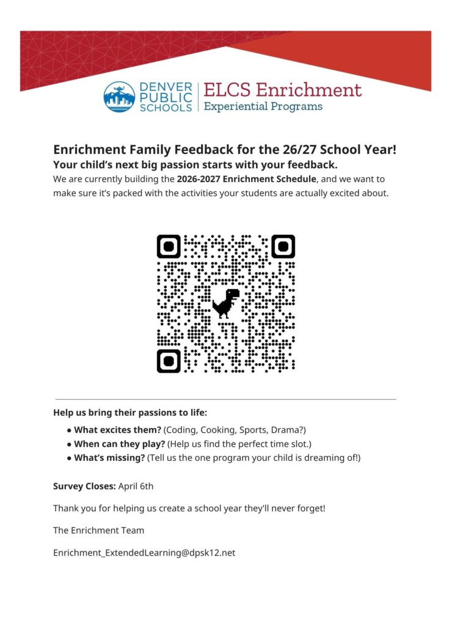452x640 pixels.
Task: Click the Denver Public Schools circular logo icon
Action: (119, 97)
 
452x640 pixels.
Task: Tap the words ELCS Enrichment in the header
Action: (282, 90)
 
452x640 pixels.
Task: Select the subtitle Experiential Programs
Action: (263, 107)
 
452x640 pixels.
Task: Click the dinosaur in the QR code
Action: (226, 303)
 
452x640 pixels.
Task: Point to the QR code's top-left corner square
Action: (169, 246)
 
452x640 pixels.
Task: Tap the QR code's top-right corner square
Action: (283, 246)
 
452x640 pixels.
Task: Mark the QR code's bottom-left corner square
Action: (169, 361)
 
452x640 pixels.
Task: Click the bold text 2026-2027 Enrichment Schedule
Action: (247, 179)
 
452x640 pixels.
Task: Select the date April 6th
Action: (136, 487)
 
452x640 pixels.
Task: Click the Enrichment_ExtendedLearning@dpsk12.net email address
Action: (144, 553)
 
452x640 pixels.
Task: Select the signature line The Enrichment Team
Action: (98, 530)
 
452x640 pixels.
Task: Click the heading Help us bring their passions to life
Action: (130, 412)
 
